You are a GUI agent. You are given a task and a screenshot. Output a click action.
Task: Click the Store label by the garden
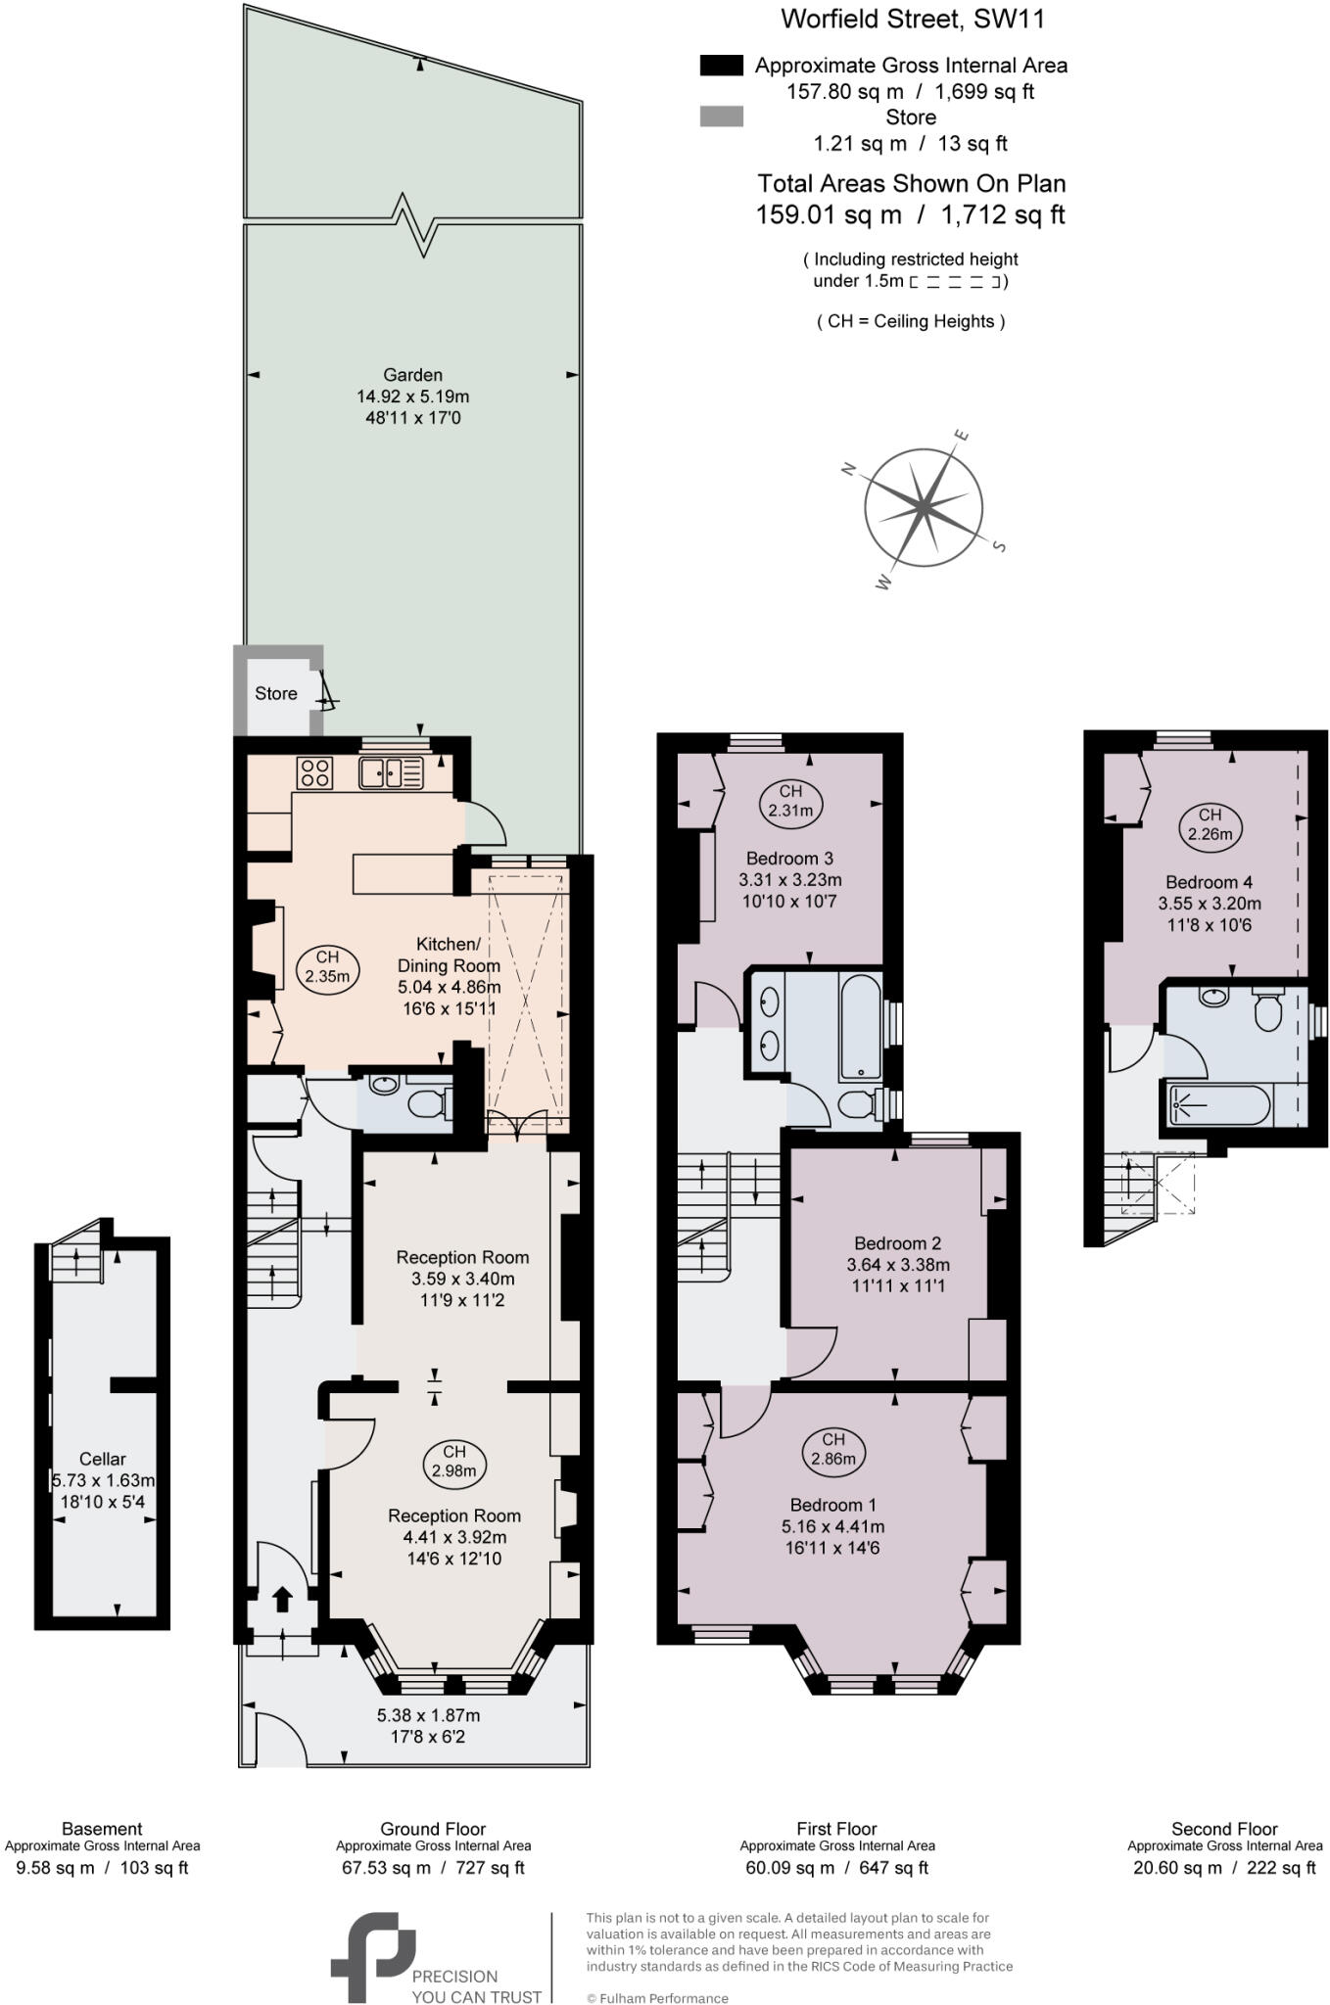pyautogui.click(x=275, y=693)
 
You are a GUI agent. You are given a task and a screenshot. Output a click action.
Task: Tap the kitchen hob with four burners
pyautogui.click(x=314, y=772)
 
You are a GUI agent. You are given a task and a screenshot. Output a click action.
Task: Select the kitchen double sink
pyautogui.click(x=391, y=772)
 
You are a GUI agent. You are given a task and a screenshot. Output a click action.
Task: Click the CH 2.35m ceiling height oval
pyautogui.click(x=327, y=966)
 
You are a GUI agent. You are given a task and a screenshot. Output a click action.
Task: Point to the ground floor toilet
pyautogui.click(x=427, y=1104)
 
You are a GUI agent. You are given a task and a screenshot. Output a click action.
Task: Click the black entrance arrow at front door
pyautogui.click(x=282, y=1599)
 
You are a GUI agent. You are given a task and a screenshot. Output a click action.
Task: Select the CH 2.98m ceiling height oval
pyautogui.click(x=454, y=1461)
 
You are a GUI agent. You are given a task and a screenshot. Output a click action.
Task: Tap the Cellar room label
pyautogui.click(x=102, y=1459)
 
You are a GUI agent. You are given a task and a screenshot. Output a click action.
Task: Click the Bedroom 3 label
pyautogui.click(x=789, y=859)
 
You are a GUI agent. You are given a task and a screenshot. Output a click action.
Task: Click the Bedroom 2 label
pyautogui.click(x=897, y=1242)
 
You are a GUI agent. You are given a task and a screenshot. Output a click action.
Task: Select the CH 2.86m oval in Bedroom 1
pyautogui.click(x=833, y=1448)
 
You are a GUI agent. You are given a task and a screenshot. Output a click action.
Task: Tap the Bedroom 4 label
pyautogui.click(x=1209, y=881)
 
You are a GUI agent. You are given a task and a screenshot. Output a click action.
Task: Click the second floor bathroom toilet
pyautogui.click(x=1267, y=1010)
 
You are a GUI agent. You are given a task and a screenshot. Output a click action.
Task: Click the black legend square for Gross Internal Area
pyautogui.click(x=722, y=66)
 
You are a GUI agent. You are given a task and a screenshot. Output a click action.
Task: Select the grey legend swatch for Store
pyautogui.click(x=722, y=117)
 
